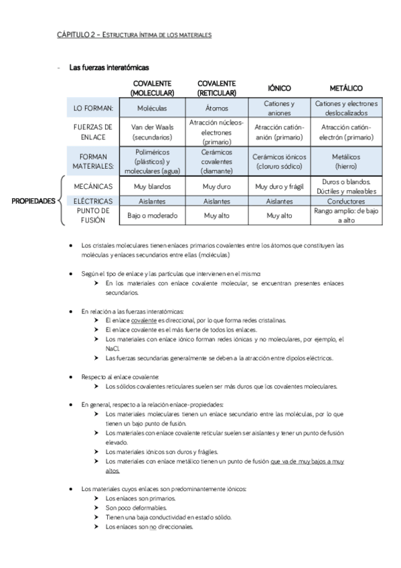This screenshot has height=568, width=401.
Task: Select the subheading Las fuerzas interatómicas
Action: point(108,68)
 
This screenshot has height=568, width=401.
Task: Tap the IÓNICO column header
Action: point(278,88)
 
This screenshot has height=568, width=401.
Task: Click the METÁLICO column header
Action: point(346,88)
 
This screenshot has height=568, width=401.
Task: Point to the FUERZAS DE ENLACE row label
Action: point(94,131)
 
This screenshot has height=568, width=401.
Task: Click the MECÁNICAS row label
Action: point(94,186)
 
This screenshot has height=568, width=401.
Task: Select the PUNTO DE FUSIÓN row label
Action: point(94,215)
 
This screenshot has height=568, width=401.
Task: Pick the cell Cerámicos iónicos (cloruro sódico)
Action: point(278,161)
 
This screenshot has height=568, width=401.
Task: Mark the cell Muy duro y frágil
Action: point(278,186)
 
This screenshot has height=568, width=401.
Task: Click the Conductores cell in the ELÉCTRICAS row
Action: point(346,201)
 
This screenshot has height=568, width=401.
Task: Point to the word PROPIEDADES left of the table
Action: point(33,200)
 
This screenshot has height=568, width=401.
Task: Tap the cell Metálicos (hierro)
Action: point(346,161)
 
